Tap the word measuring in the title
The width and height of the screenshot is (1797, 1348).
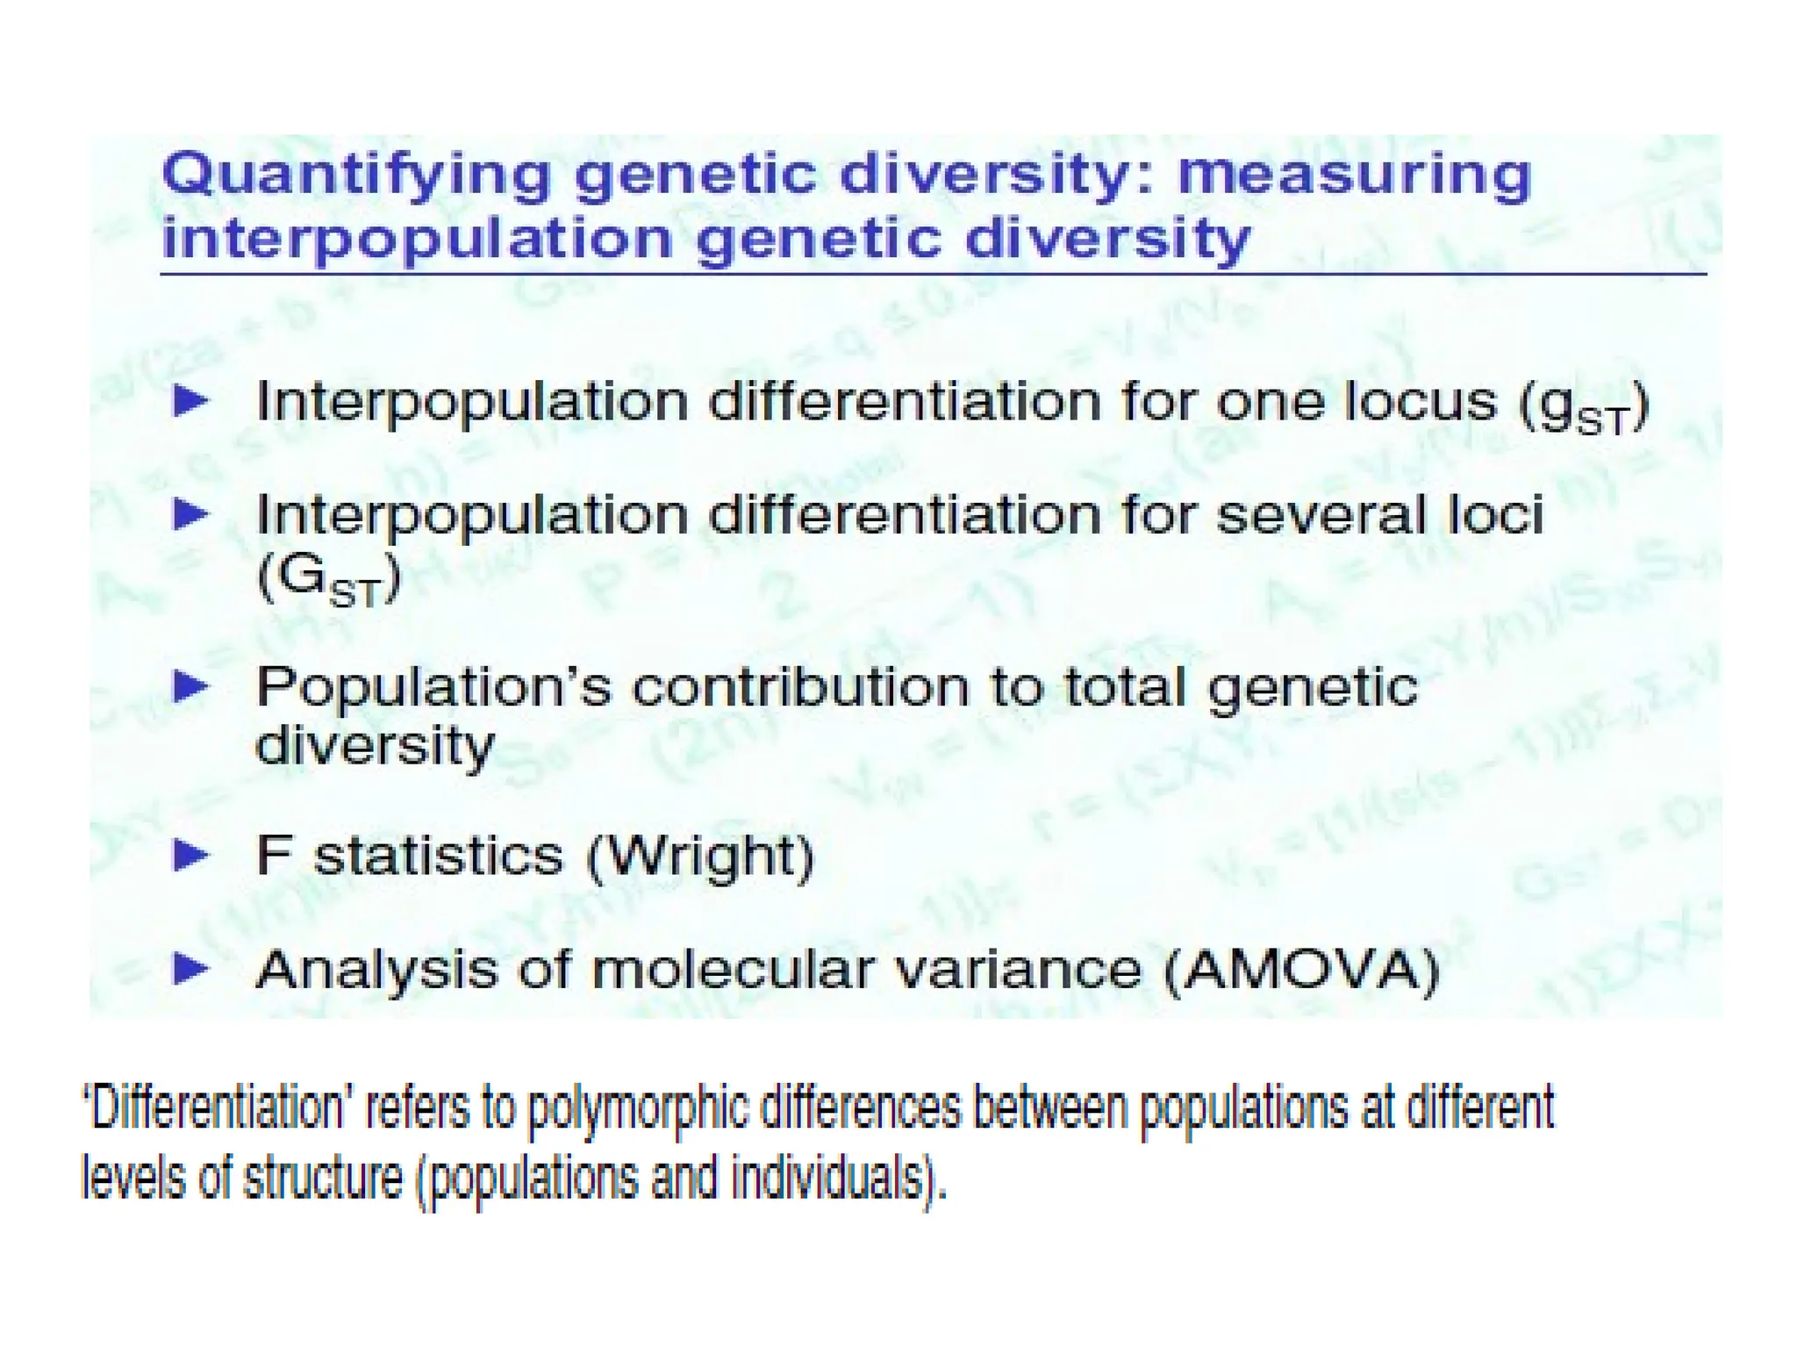click(x=1352, y=176)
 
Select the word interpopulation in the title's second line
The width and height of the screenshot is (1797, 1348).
click(x=417, y=239)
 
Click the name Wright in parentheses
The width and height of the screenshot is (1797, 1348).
click(x=700, y=857)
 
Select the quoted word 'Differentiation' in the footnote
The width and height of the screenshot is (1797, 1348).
click(x=216, y=1108)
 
